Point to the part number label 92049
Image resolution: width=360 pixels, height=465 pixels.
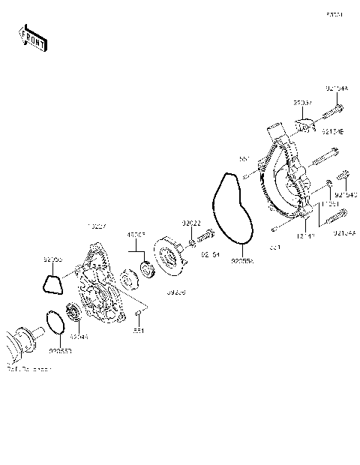coord(79,337)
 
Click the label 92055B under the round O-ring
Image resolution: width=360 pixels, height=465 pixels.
coord(61,349)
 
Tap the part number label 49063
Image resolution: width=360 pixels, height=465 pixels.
coord(135,235)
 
